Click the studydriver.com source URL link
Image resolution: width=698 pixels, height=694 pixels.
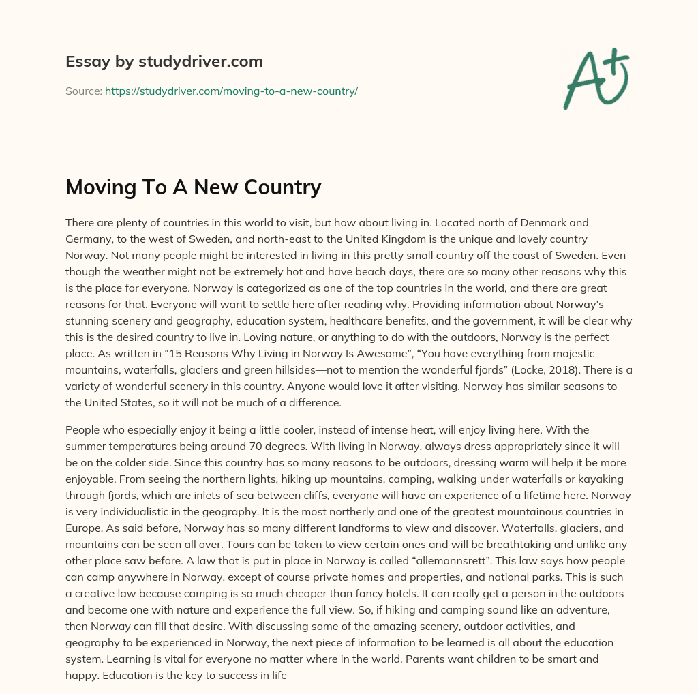[x=231, y=91]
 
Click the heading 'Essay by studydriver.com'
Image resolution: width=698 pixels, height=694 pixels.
[x=164, y=61]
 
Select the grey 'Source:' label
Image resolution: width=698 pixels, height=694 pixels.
[x=84, y=91]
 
